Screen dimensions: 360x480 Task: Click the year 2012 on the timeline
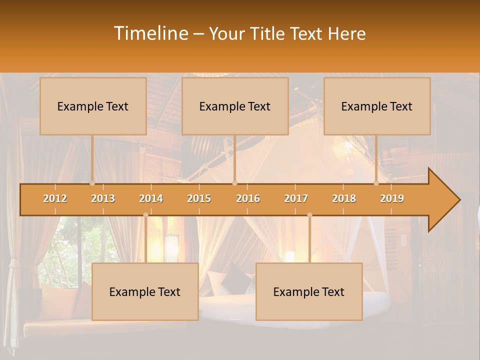[55, 198]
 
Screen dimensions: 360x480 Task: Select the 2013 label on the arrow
[103, 198]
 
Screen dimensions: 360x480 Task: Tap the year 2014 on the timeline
[151, 198]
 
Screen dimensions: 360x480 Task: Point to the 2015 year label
[199, 198]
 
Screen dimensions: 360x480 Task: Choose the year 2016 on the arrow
[248, 198]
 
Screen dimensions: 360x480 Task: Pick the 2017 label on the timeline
[296, 198]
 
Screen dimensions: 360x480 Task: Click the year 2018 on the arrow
[344, 198]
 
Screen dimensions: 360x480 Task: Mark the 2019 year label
[392, 198]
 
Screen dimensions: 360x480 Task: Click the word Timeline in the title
[150, 33]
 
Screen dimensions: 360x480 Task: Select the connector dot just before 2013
[92, 183]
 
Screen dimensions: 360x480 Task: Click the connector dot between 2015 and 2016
[234, 183]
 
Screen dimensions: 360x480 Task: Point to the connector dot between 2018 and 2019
[376, 183]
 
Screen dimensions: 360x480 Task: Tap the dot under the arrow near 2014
[145, 215]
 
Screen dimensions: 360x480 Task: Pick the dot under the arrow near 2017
[309, 215]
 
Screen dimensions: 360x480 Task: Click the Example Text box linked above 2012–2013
[93, 106]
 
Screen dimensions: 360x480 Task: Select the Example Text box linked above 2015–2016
[235, 106]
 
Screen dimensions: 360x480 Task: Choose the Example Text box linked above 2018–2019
[377, 106]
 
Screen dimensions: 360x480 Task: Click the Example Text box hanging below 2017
[309, 291]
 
